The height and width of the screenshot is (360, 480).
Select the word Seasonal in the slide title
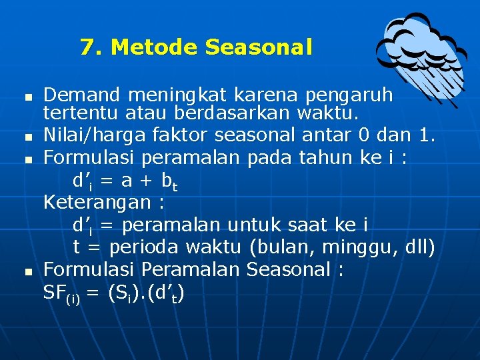coord(259,47)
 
